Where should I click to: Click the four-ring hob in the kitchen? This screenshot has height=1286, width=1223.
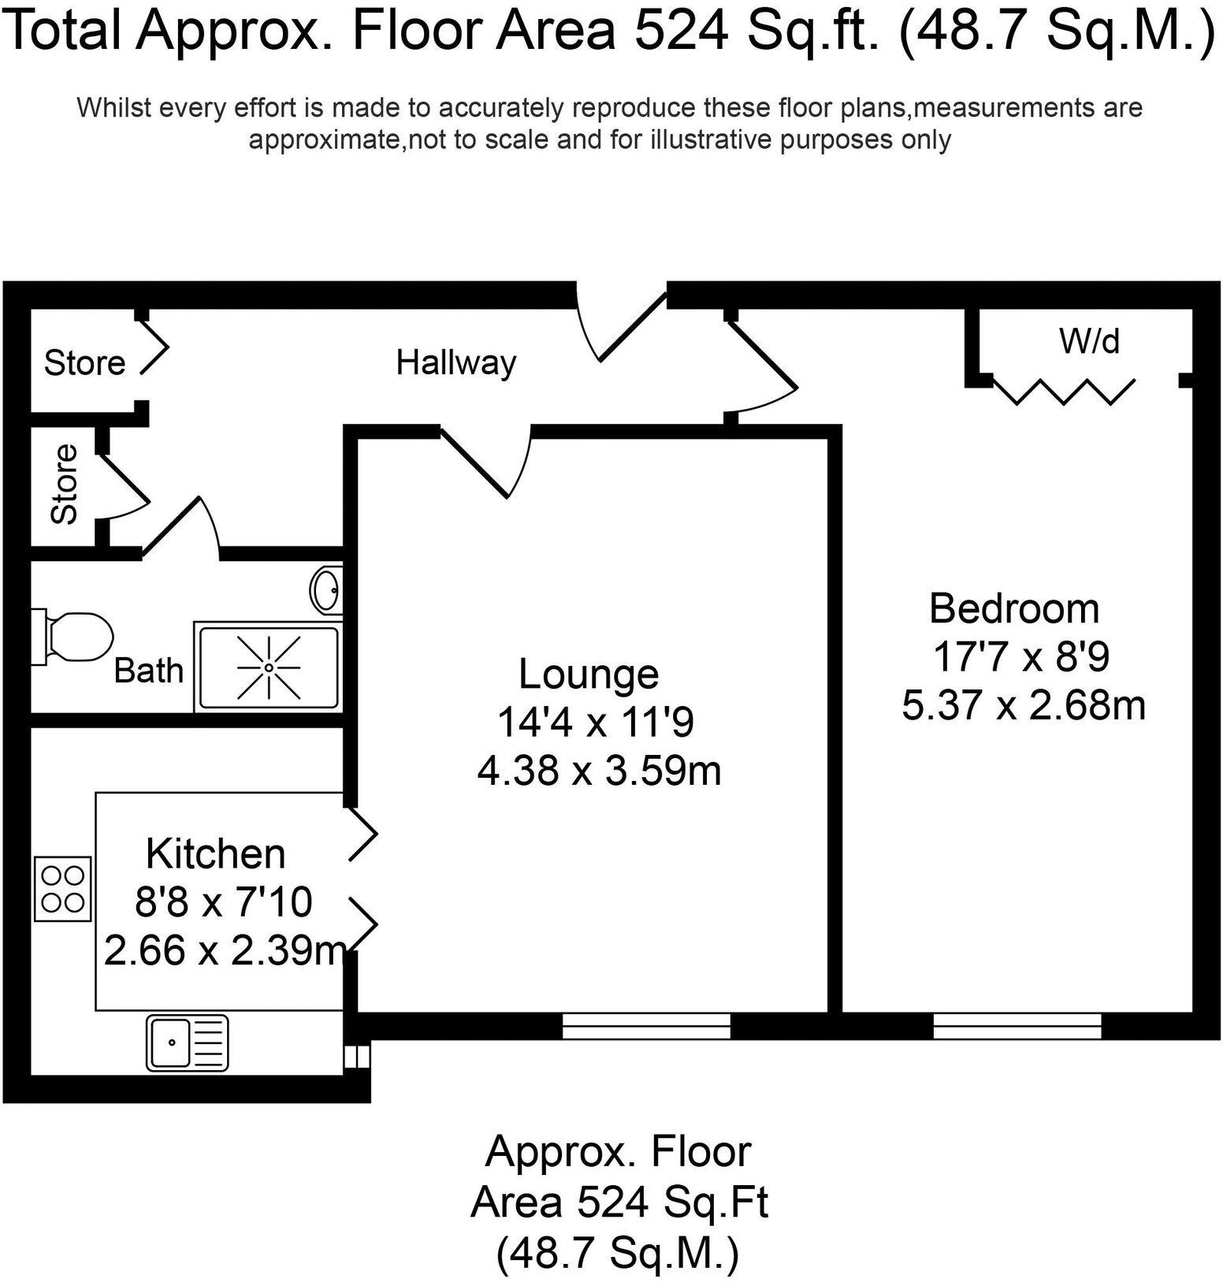[63, 889]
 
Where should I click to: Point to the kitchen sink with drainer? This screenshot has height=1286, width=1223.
[188, 1043]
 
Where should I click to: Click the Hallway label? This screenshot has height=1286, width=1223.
[455, 362]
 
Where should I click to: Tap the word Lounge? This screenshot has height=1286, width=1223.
[589, 674]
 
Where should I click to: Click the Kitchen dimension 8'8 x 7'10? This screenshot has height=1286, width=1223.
[224, 902]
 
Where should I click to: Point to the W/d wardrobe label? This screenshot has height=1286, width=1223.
[1089, 341]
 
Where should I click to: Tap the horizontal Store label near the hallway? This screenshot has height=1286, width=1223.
[84, 363]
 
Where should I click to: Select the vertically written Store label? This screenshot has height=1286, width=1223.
[65, 484]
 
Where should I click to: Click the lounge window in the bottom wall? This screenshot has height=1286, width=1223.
[646, 1025]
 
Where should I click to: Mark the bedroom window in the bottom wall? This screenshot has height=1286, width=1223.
[1017, 1025]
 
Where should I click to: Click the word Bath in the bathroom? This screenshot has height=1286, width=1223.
[148, 671]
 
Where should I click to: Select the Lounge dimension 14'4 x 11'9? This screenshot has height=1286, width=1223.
[595, 722]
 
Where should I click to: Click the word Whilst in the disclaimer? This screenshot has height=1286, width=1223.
[114, 107]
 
